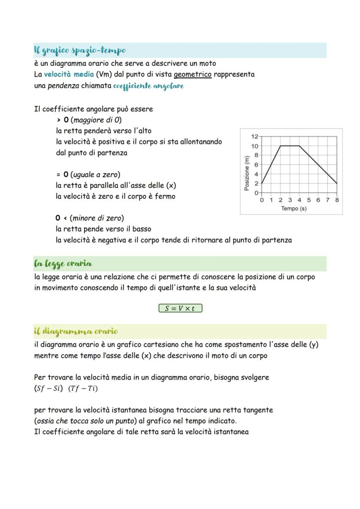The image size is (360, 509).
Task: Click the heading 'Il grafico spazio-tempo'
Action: pos(80,50)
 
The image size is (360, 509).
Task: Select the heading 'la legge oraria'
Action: pos(63,263)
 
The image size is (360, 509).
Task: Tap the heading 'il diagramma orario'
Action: pos(76,331)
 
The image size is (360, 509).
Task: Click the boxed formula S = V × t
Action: pos(180,309)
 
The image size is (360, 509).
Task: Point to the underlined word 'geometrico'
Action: pos(193,74)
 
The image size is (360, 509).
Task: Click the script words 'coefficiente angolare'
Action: pos(148,86)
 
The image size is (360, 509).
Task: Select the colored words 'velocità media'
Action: pos(69,74)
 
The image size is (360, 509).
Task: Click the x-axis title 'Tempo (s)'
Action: pos(293,209)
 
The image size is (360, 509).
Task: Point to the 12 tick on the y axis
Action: pos(255,136)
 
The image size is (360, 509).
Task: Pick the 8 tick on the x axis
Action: pos(337,200)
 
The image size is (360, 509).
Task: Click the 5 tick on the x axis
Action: pos(309,200)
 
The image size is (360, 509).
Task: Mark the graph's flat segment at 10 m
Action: pos(290,146)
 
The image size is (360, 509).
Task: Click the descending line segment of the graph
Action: pos(318,165)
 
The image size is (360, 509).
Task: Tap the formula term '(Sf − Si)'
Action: pos(48,389)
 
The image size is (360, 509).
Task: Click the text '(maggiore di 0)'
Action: pos(96,120)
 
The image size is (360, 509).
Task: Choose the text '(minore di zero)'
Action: pos(97,218)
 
